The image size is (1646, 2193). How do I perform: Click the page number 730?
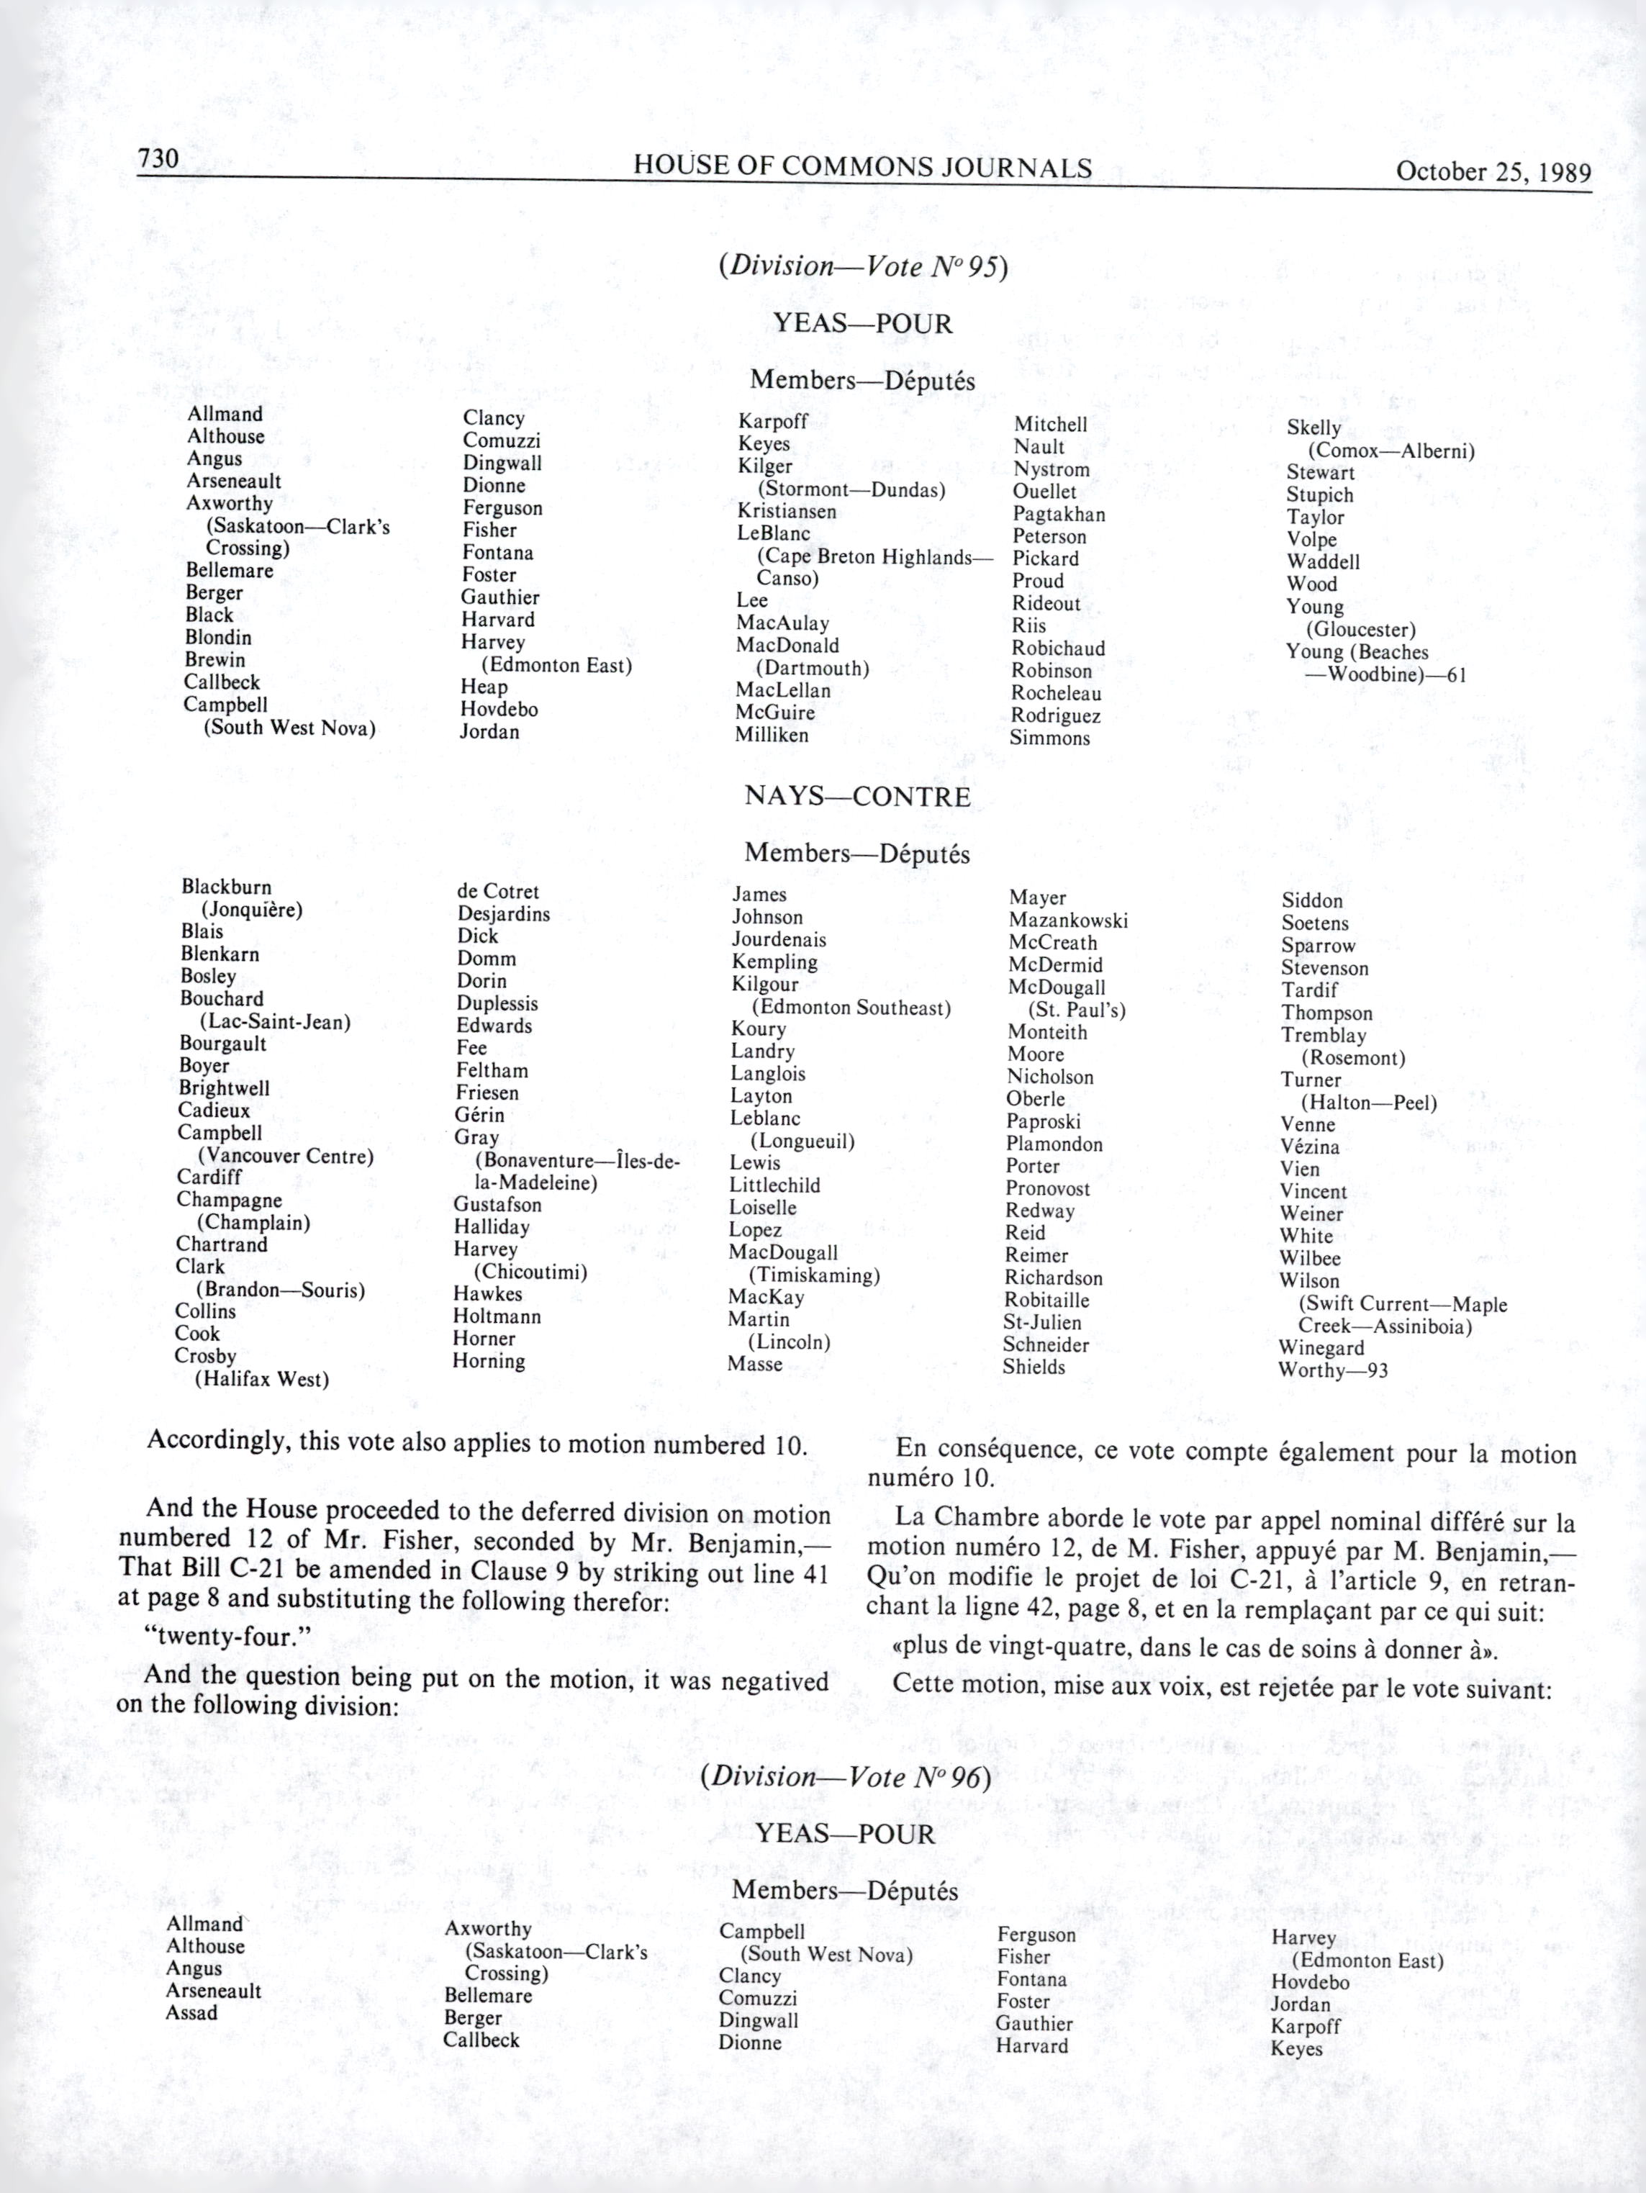158,158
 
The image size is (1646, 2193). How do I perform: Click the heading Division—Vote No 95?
863,267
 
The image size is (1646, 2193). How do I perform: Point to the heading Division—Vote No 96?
845,1776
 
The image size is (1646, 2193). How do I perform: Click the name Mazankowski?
1068,920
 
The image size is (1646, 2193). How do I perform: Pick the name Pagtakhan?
1058,515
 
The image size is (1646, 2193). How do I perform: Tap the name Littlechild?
774,1185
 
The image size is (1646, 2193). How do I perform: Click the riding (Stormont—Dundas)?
851,489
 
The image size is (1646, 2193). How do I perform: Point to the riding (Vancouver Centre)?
286,1156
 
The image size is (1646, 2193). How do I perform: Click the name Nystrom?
1051,470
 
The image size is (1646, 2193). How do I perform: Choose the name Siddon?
1312,900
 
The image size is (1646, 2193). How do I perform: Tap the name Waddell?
1323,562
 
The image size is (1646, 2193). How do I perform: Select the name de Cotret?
498,891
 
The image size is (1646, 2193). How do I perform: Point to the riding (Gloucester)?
1360,630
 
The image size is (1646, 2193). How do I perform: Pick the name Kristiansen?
787,512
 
